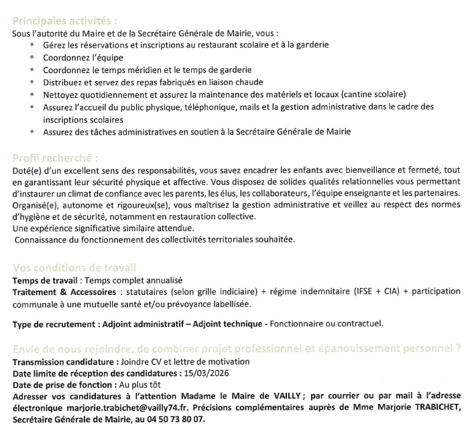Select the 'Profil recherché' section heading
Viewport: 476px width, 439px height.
click(56, 159)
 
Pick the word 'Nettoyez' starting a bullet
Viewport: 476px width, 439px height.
click(60, 94)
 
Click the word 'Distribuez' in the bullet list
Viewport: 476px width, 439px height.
click(64, 82)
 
